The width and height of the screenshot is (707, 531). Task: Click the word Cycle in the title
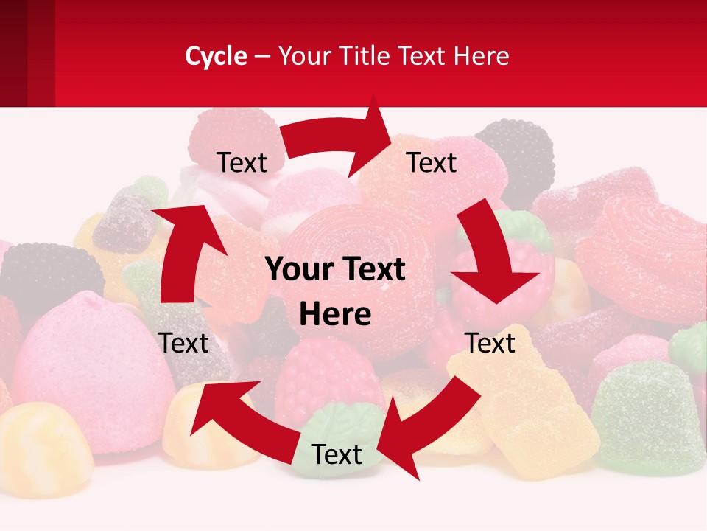(216, 56)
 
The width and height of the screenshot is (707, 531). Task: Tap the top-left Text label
(242, 162)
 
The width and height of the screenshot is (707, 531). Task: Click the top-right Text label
(432, 162)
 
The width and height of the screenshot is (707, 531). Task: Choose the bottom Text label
(337, 454)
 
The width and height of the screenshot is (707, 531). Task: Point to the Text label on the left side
(183, 343)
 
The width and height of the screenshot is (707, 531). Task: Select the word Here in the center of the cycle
(335, 314)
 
